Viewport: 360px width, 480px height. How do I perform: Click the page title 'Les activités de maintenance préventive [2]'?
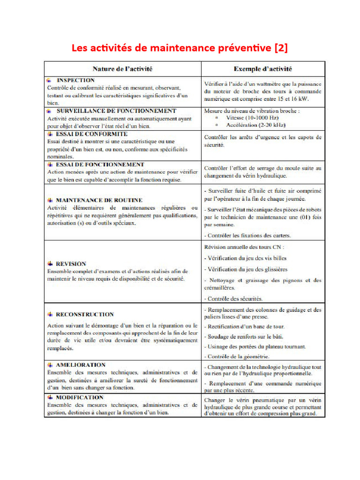tap(180, 48)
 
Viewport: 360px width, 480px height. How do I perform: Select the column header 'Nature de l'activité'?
tap(122, 69)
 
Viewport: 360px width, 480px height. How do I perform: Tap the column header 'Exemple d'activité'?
tap(263, 69)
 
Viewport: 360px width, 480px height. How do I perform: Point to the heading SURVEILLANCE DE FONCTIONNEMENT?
tap(116, 111)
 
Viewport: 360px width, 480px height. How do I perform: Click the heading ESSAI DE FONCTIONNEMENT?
tap(100, 165)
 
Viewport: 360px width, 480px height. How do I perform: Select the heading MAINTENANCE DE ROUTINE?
tap(99, 200)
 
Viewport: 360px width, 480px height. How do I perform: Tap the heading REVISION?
tap(71, 264)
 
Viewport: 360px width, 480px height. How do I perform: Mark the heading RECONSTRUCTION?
tap(84, 315)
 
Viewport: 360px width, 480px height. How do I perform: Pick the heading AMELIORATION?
tap(80, 365)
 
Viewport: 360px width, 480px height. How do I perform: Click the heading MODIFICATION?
tap(79, 397)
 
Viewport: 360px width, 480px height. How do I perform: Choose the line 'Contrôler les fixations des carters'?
tap(247, 235)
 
